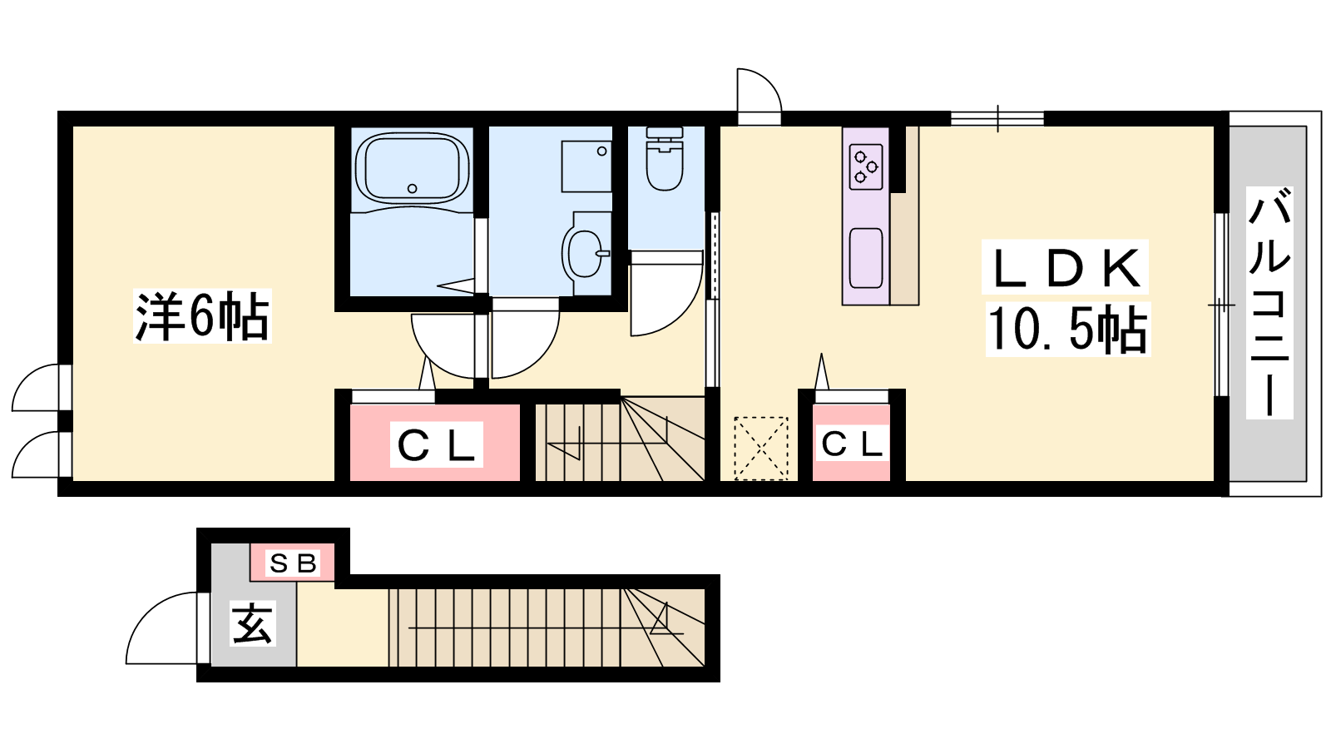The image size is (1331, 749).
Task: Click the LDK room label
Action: click(1066, 268)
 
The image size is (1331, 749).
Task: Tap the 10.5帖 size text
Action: click(1068, 330)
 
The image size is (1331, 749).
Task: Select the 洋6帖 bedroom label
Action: click(202, 315)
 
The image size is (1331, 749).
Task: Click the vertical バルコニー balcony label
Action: click(1269, 302)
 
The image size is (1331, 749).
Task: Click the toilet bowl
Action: click(665, 159)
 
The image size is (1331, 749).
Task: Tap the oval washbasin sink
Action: click(586, 254)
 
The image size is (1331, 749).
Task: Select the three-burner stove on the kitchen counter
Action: click(866, 167)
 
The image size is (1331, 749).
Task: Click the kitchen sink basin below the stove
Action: click(866, 259)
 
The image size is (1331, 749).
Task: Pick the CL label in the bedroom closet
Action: click(436, 444)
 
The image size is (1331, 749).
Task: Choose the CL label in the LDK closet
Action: click(852, 444)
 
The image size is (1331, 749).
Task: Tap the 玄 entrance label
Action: click(253, 624)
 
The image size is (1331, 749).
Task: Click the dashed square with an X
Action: click(761, 449)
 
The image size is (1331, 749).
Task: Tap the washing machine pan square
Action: click(586, 166)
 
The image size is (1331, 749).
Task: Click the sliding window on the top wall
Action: click(997, 118)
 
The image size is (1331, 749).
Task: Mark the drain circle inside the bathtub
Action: click(412, 189)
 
